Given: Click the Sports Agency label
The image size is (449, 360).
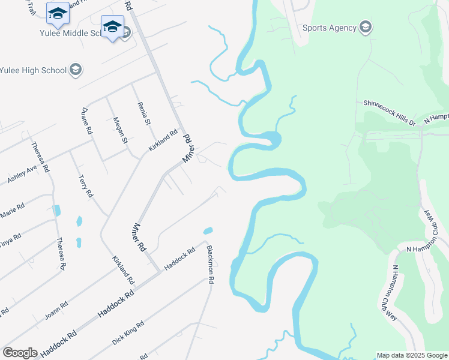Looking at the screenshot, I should point(328,27).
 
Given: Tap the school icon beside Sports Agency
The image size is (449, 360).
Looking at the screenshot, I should point(366,27).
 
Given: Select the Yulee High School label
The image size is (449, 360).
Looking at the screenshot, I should point(32,70).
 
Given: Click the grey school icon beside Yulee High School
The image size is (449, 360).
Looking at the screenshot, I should point(76,70).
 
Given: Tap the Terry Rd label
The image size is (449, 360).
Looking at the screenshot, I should point(86,186).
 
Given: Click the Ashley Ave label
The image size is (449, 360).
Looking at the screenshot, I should point(22,175).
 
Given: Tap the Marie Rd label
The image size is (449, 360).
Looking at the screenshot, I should point(13,211).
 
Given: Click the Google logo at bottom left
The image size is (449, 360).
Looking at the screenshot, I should point(20,353).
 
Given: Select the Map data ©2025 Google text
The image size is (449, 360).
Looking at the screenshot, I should point(412,355).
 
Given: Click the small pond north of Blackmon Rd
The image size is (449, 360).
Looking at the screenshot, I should point(208,230).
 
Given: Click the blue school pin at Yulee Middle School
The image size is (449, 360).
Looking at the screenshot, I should point(112,27).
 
